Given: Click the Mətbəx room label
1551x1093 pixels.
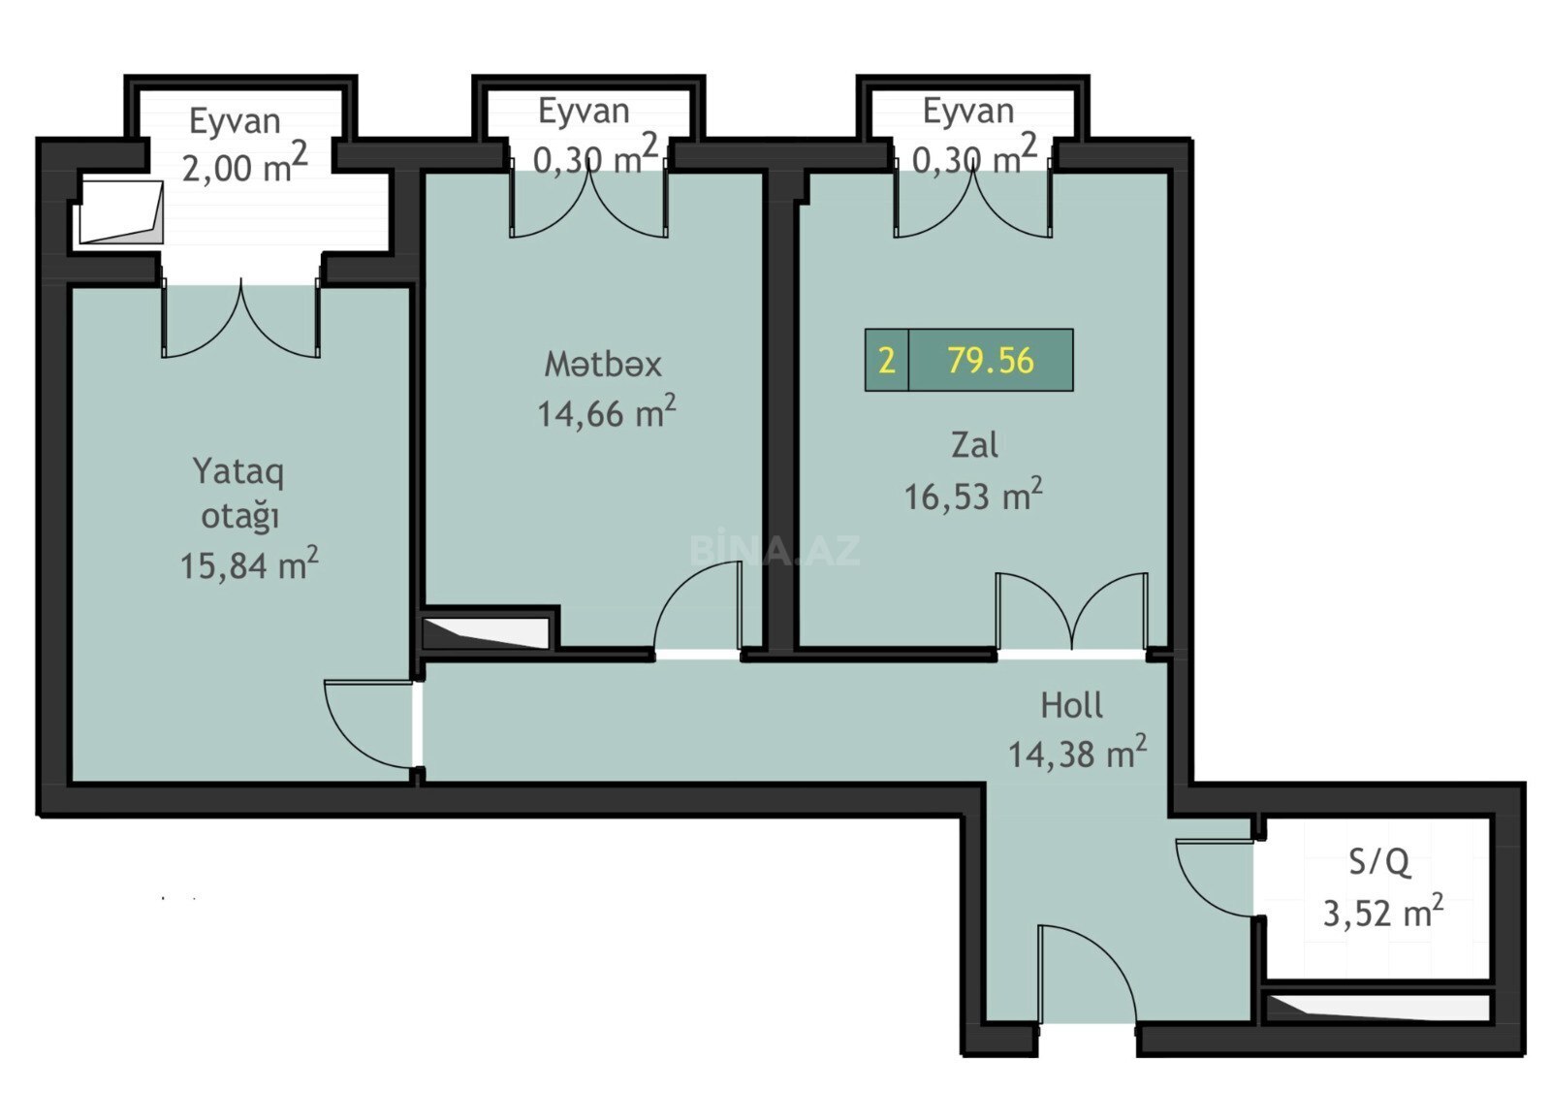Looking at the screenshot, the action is click(x=602, y=365).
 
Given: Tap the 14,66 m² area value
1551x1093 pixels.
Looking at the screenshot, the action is click(x=607, y=412).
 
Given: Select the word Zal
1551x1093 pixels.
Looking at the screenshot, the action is click(x=974, y=445).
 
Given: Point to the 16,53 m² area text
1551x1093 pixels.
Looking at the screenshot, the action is click(x=973, y=495).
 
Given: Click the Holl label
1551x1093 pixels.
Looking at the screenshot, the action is click(x=1072, y=705).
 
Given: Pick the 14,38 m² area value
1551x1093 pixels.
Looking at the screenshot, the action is click(x=1077, y=753).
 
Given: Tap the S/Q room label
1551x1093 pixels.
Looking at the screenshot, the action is click(x=1379, y=863).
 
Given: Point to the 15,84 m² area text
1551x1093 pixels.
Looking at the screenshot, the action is click(x=249, y=563).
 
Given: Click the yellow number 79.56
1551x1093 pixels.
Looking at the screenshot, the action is click(x=990, y=360).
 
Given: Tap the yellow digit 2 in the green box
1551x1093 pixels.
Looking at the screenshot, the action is click(x=886, y=361).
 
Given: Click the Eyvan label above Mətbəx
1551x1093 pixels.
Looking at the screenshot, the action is click(x=584, y=112).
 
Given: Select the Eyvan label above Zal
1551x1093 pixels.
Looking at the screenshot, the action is click(x=968, y=112).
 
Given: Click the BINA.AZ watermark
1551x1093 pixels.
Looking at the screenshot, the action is click(x=775, y=551).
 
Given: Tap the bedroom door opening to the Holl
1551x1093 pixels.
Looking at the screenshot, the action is click(x=369, y=724).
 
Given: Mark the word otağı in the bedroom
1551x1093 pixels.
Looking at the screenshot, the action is click(x=239, y=518).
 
